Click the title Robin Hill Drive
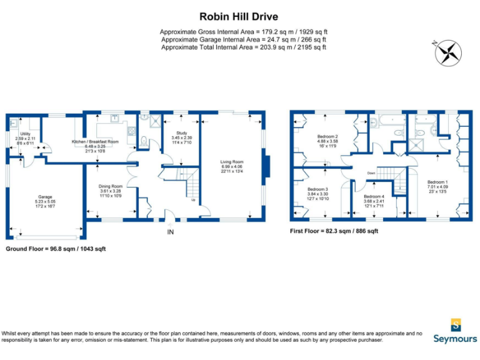pos(239,17)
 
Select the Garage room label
pos(46,197)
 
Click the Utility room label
pos(25,133)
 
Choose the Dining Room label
pos(111,186)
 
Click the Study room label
pos(181,132)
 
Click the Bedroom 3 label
pos(317,189)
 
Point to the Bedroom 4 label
pos(374,196)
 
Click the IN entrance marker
pos(170,232)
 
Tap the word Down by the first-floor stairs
pos(371,173)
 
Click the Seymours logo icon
pos(456,324)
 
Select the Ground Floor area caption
pos(56,249)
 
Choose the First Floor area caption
pos(334,231)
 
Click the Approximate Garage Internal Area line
pos(244,39)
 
